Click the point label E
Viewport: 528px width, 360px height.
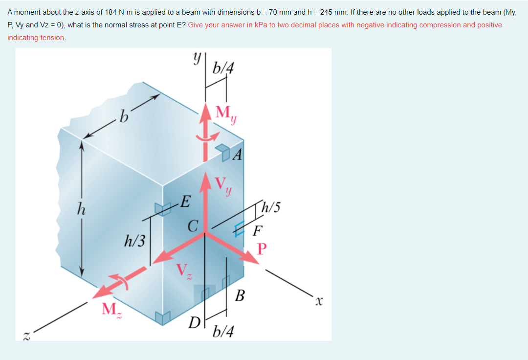pos(186,202)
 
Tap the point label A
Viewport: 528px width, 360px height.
pos(238,155)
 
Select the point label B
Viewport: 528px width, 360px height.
pos(240,295)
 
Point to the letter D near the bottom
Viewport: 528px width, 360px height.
pos(194,322)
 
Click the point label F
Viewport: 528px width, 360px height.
pos(258,231)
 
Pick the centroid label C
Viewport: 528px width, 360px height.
pos(193,226)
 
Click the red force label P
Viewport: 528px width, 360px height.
pos(262,249)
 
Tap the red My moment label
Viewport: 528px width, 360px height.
pos(226,114)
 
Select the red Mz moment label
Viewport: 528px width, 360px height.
pos(112,310)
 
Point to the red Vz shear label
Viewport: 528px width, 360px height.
pos(184,271)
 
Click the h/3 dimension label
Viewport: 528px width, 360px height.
pos(135,241)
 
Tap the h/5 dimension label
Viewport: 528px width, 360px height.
pos(271,207)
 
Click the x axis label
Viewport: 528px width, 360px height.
pos(319,300)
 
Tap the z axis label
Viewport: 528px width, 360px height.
pos(26,336)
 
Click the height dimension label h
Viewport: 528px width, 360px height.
pos(81,209)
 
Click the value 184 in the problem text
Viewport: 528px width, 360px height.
pos(110,12)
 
